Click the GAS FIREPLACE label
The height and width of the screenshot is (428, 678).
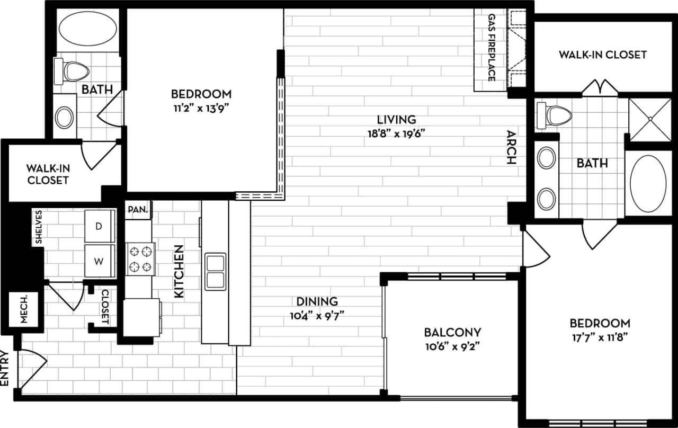point(491,48)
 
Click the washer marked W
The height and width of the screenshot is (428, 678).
point(99,261)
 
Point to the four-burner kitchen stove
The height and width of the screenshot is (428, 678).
point(140,258)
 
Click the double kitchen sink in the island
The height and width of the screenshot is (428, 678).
point(216,271)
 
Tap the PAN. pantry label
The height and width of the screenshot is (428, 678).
point(138,209)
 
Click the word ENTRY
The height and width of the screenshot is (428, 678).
point(5,368)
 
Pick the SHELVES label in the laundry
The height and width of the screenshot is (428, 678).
point(39,227)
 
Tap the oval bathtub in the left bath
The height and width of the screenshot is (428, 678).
point(87,29)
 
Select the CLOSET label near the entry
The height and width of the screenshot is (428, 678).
point(105,307)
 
